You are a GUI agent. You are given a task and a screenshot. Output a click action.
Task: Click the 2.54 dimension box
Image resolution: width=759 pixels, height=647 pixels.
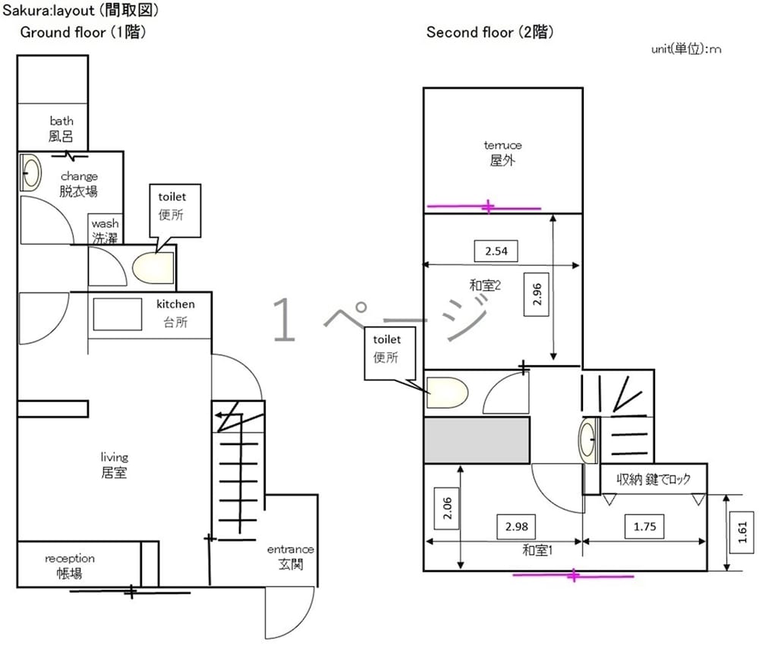(496, 251)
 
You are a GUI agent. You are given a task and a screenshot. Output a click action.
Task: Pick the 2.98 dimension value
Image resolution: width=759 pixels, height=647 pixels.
(516, 525)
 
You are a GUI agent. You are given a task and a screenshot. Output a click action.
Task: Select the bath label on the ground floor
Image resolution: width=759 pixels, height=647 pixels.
(61, 128)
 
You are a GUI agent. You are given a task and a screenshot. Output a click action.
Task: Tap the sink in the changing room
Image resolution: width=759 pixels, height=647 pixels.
(30, 173)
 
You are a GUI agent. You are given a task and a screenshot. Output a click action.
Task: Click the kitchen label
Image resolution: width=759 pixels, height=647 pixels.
(175, 312)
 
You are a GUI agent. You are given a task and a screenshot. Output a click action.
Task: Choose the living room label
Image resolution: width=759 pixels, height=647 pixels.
(115, 465)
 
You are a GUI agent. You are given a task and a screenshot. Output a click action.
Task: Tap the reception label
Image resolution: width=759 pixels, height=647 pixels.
(70, 566)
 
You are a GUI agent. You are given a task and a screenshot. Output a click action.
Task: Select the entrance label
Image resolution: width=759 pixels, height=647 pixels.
(291, 556)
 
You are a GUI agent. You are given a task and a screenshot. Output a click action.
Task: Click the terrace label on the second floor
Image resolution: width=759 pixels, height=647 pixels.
(503, 153)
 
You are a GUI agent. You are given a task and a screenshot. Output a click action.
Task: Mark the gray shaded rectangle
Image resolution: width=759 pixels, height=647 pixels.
(476, 440)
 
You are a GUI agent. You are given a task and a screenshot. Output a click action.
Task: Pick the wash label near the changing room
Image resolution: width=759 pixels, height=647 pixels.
(106, 230)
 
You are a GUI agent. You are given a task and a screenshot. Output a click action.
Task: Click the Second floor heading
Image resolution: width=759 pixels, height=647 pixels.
(490, 33)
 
